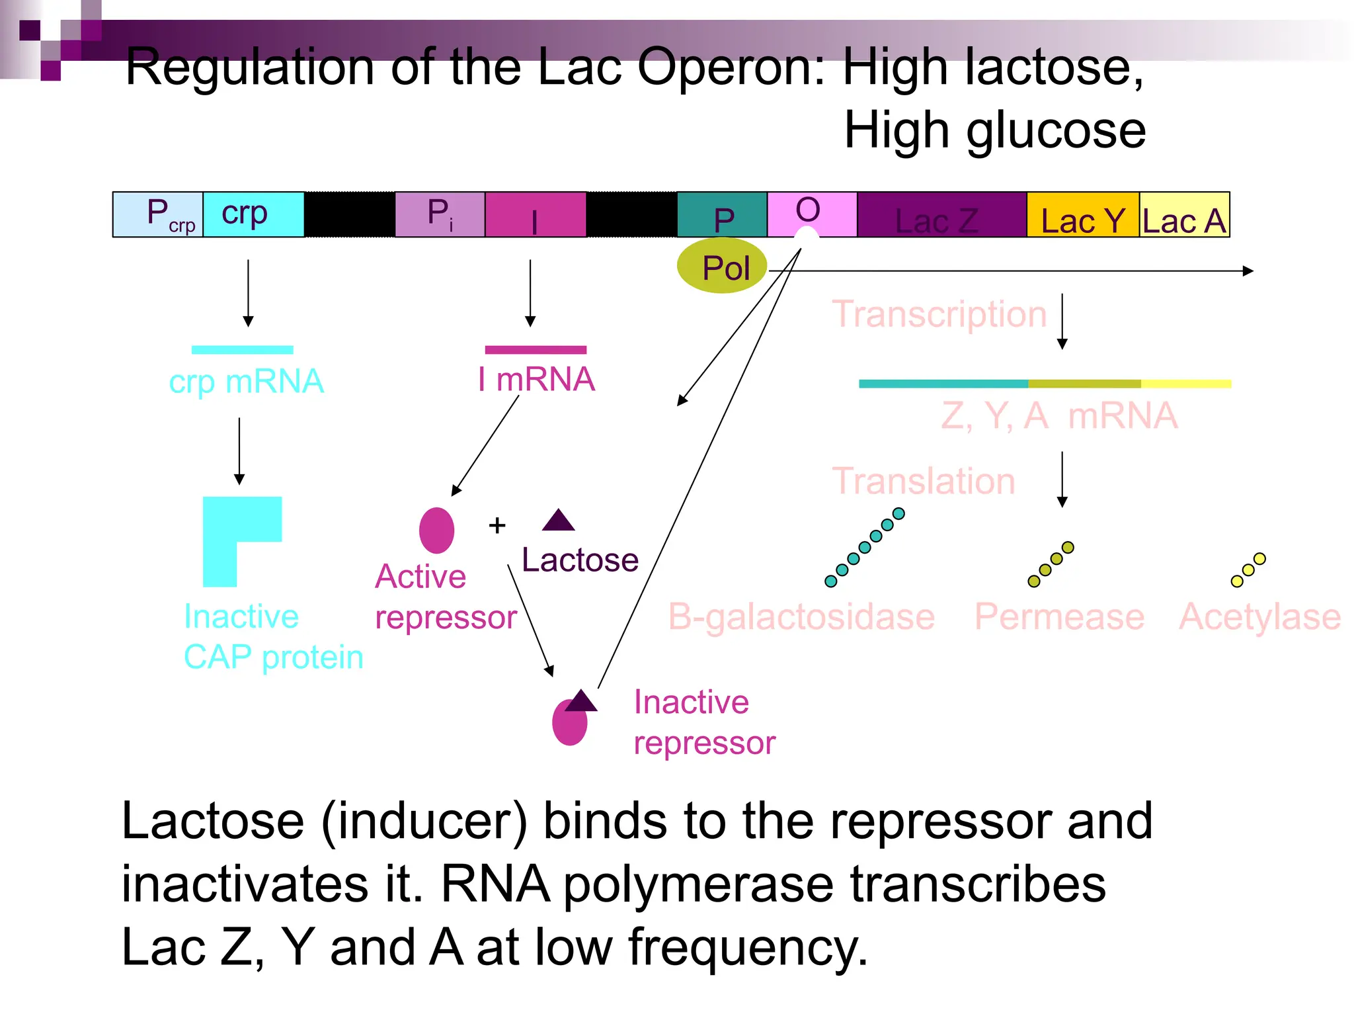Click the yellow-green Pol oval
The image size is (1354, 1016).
pyautogui.click(x=722, y=267)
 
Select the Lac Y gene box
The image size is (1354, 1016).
pyautogui.click(x=1082, y=215)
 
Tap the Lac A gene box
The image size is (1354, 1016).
pyautogui.click(x=1184, y=215)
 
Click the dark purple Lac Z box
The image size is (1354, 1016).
pyautogui.click(x=941, y=215)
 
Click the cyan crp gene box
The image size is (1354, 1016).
pyautogui.click(x=253, y=214)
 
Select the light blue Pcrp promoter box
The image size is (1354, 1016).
pyautogui.click(x=158, y=214)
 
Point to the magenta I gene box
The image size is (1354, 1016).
pyautogui.click(x=535, y=214)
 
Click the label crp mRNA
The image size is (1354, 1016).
pyautogui.click(x=246, y=382)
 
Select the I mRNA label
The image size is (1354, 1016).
pyautogui.click(x=536, y=380)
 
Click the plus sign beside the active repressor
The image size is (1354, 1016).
pyautogui.click(x=497, y=526)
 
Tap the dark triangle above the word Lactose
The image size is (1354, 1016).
pyautogui.click(x=559, y=521)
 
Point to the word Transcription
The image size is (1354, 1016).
pyautogui.click(x=939, y=314)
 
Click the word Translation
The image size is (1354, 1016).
pyautogui.click(x=923, y=481)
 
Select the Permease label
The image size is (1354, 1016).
pyautogui.click(x=1059, y=616)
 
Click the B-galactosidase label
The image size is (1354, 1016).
pyautogui.click(x=801, y=616)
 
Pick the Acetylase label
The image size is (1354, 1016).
pyautogui.click(x=1259, y=616)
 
